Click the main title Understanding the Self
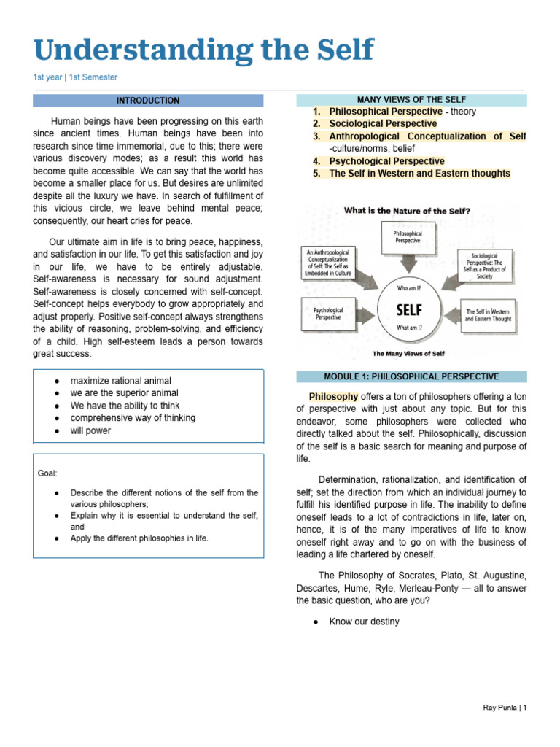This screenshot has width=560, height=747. (203, 50)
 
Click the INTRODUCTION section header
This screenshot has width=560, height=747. (148, 101)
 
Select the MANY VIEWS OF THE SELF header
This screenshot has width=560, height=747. (411, 100)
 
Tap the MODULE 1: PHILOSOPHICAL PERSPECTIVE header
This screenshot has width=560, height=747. (411, 376)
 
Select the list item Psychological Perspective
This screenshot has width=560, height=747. (386, 161)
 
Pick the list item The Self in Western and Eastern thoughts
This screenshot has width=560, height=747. (419, 174)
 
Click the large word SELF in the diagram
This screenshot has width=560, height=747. (408, 309)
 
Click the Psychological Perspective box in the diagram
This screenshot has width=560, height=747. (328, 314)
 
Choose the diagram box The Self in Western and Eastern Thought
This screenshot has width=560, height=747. (488, 314)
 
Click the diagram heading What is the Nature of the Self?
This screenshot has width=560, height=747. (408, 211)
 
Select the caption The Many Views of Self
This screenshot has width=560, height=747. (408, 354)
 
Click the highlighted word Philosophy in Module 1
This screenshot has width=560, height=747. (333, 397)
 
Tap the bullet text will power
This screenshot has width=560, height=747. (90, 430)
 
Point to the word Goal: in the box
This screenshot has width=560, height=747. (47, 473)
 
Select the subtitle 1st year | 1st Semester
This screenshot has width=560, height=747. (75, 77)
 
